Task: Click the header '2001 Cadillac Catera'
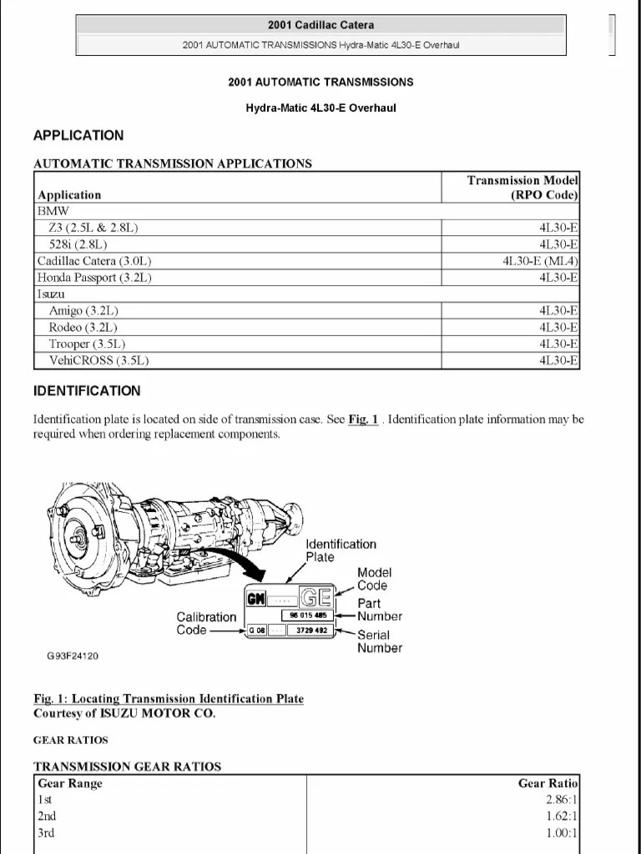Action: pyautogui.click(x=320, y=25)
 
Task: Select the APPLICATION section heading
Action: pyautogui.click(x=78, y=135)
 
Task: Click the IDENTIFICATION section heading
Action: pyautogui.click(x=87, y=390)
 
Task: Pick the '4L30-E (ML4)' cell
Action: pyautogui.click(x=540, y=261)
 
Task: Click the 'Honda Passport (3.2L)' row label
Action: pyautogui.click(x=94, y=278)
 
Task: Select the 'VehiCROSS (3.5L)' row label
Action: pyautogui.click(x=98, y=360)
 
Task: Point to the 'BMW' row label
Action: pyautogui.click(x=53, y=212)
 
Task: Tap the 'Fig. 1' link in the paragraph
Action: pyautogui.click(x=364, y=419)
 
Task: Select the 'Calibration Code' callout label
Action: pyautogui.click(x=205, y=623)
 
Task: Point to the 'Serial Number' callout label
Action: pyautogui.click(x=379, y=641)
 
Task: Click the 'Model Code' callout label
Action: pyautogui.click(x=373, y=579)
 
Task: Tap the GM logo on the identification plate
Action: pyautogui.click(x=255, y=597)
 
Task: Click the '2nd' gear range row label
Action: pyautogui.click(x=47, y=816)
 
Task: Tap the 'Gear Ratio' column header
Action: pyautogui.click(x=548, y=783)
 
